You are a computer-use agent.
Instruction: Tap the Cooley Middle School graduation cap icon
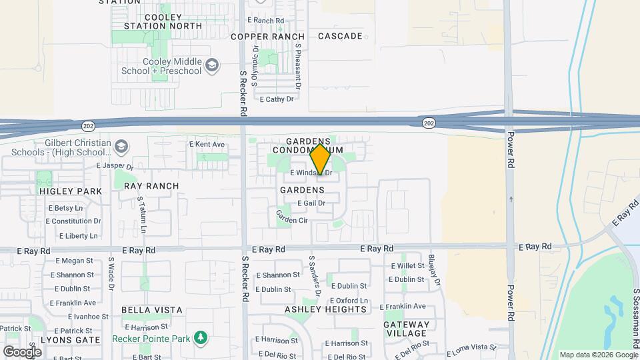pyautogui.click(x=212, y=65)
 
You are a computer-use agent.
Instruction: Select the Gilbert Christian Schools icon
pyautogui.click(x=121, y=146)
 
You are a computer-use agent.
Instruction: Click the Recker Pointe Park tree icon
pyautogui.click(x=199, y=339)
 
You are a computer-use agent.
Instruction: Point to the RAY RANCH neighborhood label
pyautogui.click(x=151, y=186)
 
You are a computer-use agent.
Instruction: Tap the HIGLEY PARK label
pyautogui.click(x=75, y=191)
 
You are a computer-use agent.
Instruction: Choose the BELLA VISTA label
pyautogui.click(x=152, y=310)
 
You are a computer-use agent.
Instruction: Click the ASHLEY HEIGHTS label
pyautogui.click(x=326, y=309)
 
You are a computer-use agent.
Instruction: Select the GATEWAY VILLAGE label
pyautogui.click(x=405, y=329)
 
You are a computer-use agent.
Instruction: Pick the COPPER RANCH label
pyautogui.click(x=267, y=37)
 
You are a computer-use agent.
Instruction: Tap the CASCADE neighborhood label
pyautogui.click(x=340, y=36)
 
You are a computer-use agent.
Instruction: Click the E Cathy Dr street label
pyautogui.click(x=277, y=99)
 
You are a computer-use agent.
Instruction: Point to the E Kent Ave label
pyautogui.click(x=207, y=144)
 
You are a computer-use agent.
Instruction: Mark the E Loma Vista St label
pyautogui.click(x=470, y=348)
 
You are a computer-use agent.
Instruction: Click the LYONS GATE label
pyautogui.click(x=70, y=339)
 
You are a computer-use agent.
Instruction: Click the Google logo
pyautogui.click(x=22, y=351)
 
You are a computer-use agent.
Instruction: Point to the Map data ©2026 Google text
pyautogui.click(x=598, y=355)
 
